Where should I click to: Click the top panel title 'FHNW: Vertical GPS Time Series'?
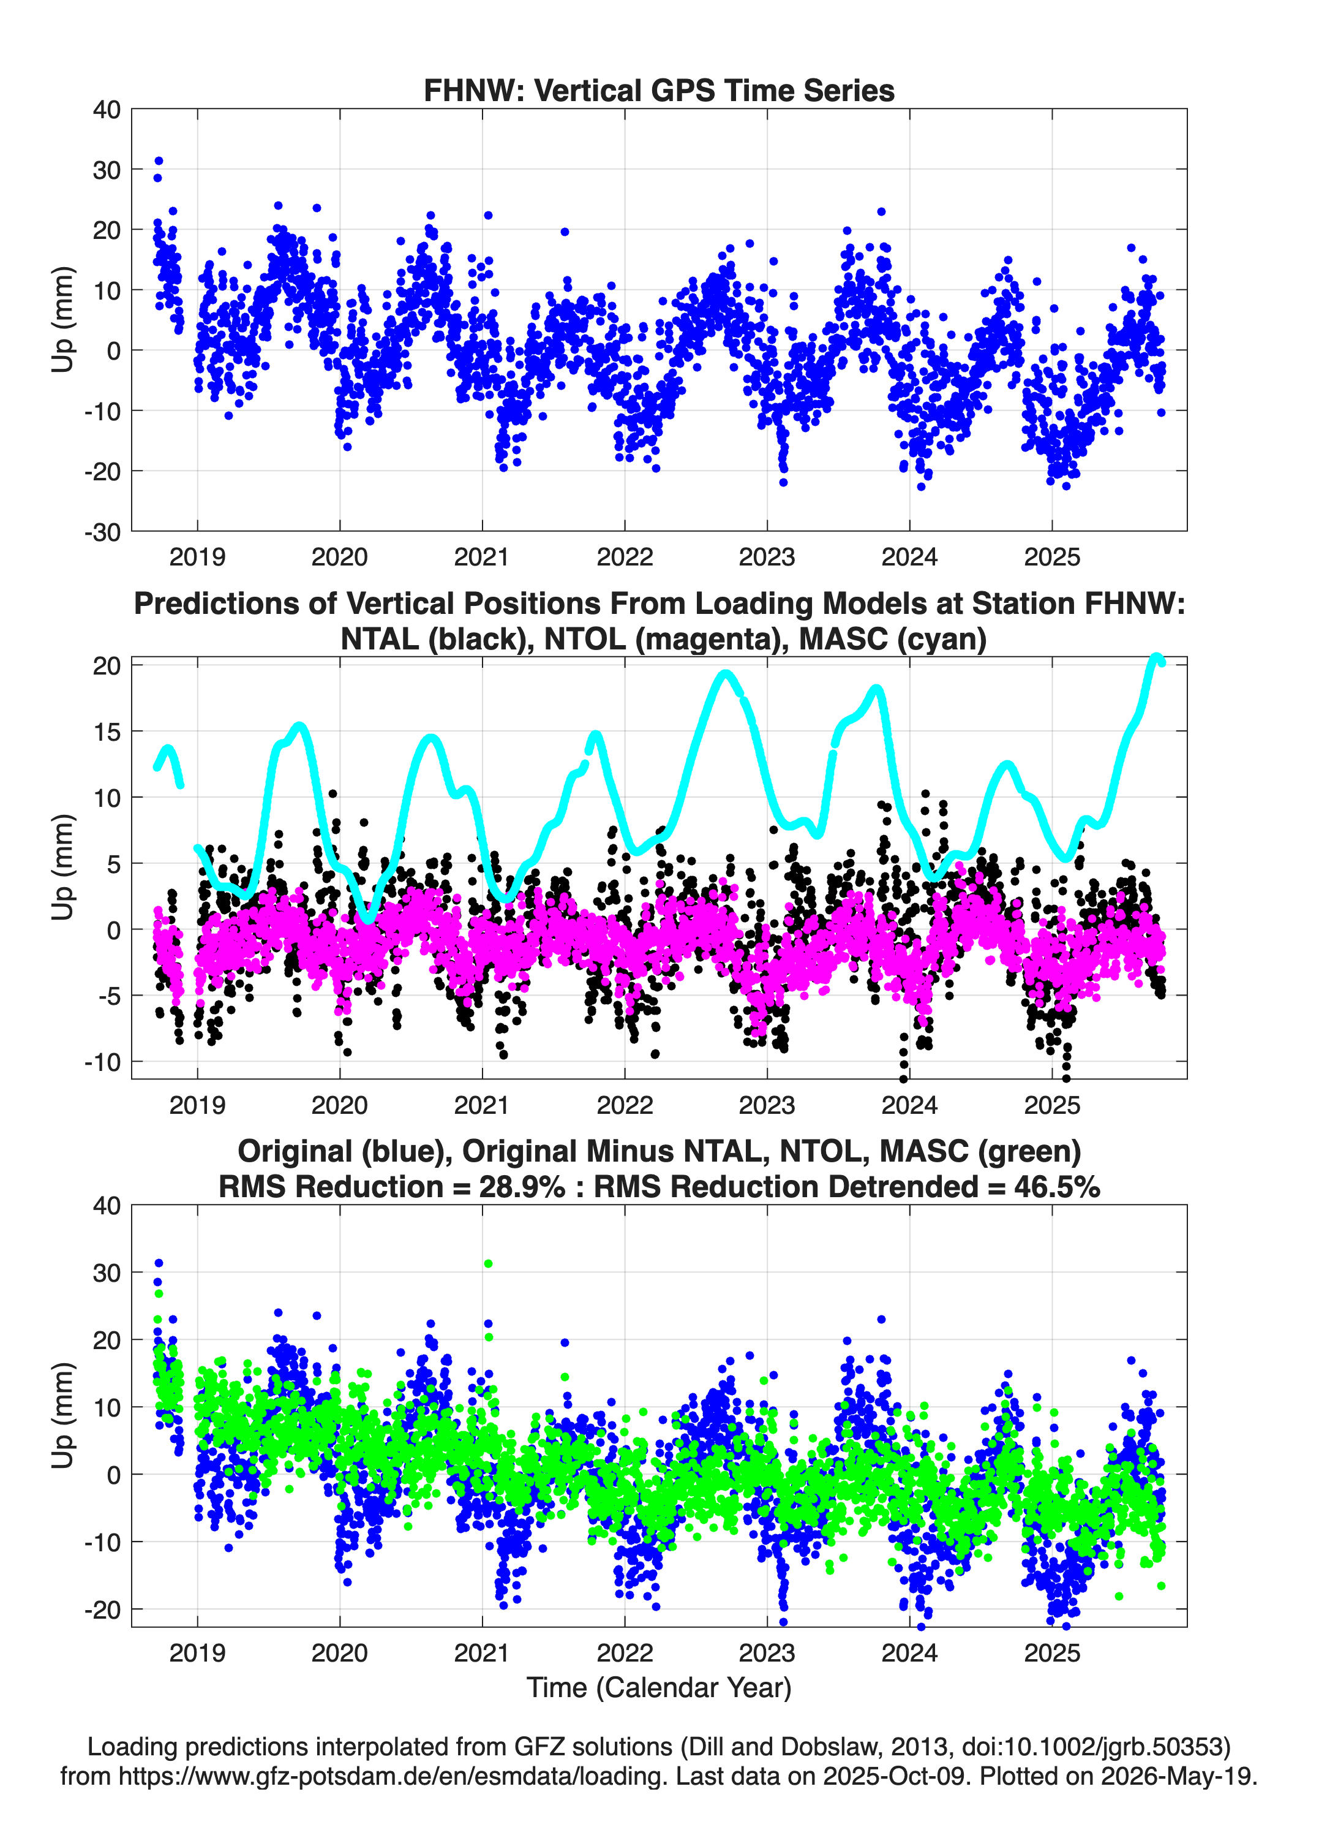659,90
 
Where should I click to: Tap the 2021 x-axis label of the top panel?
481,557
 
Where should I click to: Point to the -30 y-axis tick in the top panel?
102,532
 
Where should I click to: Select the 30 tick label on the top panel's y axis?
107,170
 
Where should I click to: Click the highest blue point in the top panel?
159,161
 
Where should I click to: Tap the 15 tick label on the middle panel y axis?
107,732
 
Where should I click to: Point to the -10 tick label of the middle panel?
102,1062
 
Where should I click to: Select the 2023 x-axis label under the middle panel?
767,1105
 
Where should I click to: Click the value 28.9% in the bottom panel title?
522,1187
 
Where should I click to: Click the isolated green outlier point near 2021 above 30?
488,1264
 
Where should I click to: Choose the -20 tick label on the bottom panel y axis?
102,1610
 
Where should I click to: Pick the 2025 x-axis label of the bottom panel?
1051,1653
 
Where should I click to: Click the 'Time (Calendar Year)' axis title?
659,1688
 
